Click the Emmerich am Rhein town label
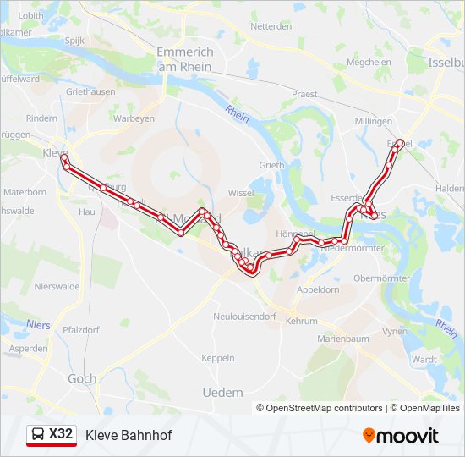coord(185,59)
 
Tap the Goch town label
coord(82,379)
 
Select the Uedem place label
coord(223,393)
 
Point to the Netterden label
coord(271,26)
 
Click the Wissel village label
coord(241,193)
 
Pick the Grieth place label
coord(272,165)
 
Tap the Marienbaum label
coord(343,339)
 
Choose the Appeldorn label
coord(318,289)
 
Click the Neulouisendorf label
coord(245,316)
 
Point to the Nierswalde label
coord(57,286)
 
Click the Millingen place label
coord(374,122)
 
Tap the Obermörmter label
coord(381,278)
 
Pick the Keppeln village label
coord(218,358)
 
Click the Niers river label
coord(38,323)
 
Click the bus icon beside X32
coord(38,435)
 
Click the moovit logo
coord(401,436)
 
